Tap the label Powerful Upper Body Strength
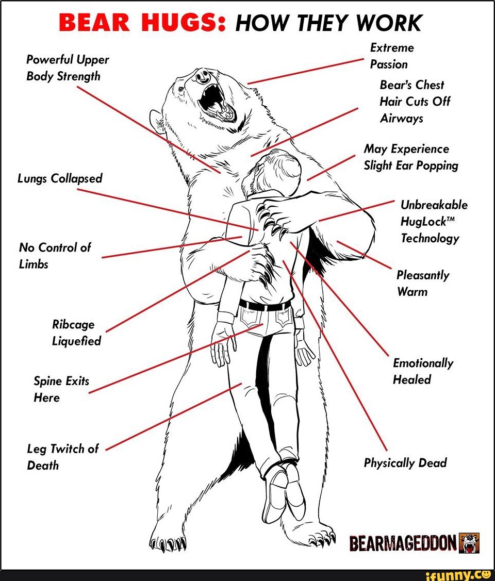68,68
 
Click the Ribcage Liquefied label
76,333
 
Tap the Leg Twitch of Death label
62,457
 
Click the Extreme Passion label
392,56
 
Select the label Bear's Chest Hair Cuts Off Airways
415,102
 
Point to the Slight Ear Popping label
410,157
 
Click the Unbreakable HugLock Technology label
434,221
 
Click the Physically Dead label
405,463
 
